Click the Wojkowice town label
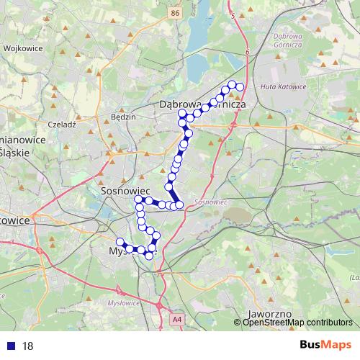pos(24,48)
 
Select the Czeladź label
pos(61,124)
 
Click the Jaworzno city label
pos(268,315)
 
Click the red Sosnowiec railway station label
pos(211,202)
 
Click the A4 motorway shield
pos(177,318)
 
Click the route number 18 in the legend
pos(28,346)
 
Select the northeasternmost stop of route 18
pos(240,87)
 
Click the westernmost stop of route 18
pos(120,242)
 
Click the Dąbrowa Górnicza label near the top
pos(203,105)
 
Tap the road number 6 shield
pos(246,52)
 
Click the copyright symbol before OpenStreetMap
pos(238,322)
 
